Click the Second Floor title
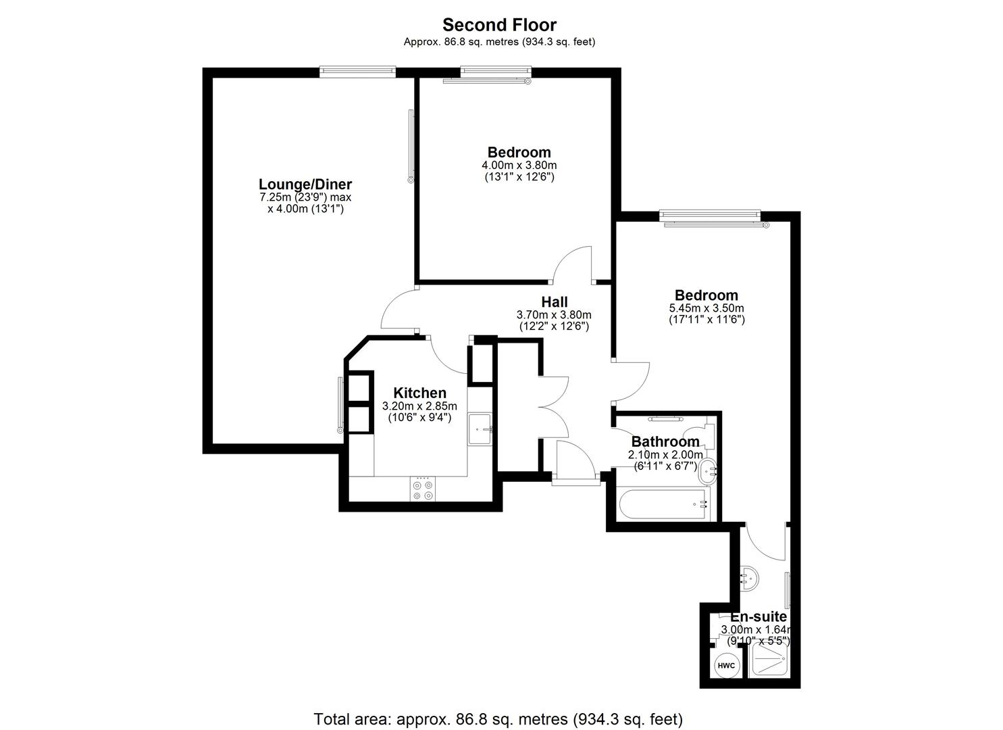tap(499, 25)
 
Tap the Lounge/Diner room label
tap(305, 185)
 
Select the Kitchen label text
tap(419, 393)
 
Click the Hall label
tap(554, 302)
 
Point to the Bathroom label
tap(665, 442)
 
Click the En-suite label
tap(758, 617)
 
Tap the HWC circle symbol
tap(726, 666)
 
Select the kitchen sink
tap(481, 429)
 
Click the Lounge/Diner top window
tap(357, 71)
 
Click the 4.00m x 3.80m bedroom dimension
tap(519, 166)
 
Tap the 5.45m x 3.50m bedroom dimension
tap(706, 308)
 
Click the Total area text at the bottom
tap(498, 719)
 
